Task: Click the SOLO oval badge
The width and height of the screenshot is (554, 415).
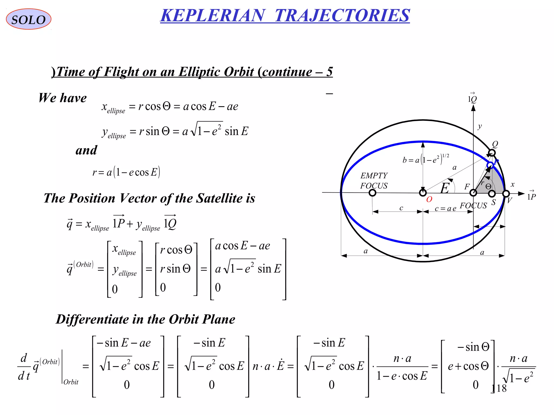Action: pos(28,19)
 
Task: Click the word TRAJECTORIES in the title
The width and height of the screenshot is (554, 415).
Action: pos(342,15)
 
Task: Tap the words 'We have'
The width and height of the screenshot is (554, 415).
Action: pos(62,98)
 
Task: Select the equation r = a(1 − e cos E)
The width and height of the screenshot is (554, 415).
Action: pos(126,172)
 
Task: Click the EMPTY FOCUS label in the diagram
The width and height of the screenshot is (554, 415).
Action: pos(374,181)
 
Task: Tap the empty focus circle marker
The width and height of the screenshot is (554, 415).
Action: pos(372,193)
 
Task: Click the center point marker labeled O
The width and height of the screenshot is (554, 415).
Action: pos(423,193)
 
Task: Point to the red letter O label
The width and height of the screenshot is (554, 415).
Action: pos(429,200)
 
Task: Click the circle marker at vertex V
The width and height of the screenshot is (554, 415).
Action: pos(506,194)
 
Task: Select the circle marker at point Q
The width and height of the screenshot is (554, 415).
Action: pos(492,153)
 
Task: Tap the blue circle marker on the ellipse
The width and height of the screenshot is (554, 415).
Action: pos(490,165)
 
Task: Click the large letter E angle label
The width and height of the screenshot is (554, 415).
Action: pos(445,188)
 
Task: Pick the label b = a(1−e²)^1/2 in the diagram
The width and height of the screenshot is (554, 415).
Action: pos(426,159)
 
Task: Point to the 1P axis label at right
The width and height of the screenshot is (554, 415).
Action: pos(531,196)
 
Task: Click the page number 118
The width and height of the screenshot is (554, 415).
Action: pos(499,389)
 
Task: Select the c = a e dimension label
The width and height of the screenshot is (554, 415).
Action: pos(445,209)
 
